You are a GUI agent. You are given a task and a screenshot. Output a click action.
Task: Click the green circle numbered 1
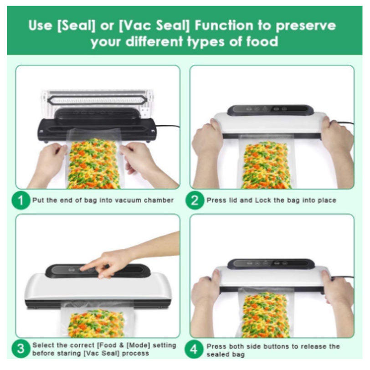point(21,200)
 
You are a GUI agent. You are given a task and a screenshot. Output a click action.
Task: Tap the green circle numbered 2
point(195,200)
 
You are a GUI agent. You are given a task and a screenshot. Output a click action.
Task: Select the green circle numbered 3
point(21,349)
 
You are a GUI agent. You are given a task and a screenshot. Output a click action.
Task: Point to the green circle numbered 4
point(194,349)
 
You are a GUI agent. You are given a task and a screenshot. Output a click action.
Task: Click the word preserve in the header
point(306,26)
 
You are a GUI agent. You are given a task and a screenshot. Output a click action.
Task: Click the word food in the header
point(262,41)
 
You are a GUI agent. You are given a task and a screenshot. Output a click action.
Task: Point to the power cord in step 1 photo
point(168,127)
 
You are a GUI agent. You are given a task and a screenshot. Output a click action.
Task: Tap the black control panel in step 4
point(271,263)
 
